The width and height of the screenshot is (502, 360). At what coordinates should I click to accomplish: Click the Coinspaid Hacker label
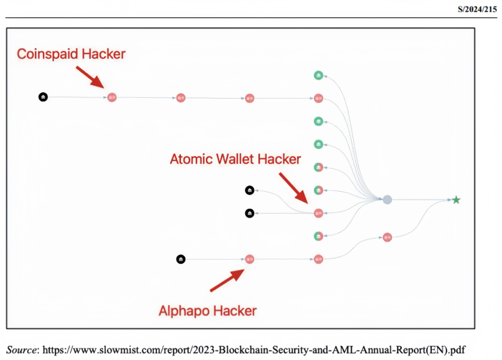point(71,54)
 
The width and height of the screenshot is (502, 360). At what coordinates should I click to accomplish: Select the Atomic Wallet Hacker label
point(235,159)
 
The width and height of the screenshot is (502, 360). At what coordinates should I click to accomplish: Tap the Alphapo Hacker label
point(208,310)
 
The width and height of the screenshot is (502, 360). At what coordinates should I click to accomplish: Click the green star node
point(456,200)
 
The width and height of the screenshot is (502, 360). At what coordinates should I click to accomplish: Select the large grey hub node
point(387,200)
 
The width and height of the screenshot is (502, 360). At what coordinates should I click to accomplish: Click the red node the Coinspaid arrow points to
point(112,97)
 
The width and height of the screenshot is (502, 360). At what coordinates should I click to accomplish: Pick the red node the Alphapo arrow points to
point(250,259)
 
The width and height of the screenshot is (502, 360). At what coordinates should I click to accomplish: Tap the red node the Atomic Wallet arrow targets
point(318,213)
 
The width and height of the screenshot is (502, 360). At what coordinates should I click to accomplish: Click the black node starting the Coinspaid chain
point(43,97)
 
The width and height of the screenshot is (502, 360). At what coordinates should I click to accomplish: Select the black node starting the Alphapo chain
point(181,259)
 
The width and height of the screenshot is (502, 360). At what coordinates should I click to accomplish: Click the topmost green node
point(318,75)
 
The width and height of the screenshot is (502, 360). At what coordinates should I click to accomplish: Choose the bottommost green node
point(318,236)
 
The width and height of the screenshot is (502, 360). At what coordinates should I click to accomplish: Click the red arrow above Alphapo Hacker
point(227,281)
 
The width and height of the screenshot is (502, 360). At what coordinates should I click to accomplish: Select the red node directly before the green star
point(387,237)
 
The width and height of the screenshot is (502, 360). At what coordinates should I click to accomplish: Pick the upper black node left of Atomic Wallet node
point(250,190)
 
